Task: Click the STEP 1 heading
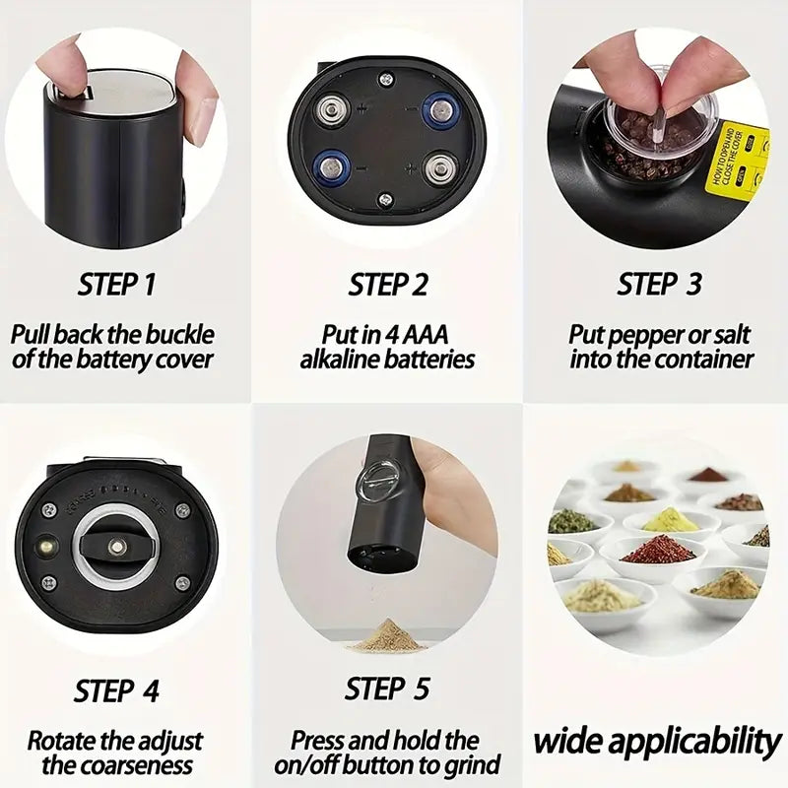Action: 116,285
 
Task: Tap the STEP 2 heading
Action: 388,285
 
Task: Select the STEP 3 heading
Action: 660,285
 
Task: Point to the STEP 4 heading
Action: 116,690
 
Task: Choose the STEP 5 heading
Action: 388,690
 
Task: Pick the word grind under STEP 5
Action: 474,764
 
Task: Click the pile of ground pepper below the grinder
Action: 387,634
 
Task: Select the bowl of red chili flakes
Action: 658,550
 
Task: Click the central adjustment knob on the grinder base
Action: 117,545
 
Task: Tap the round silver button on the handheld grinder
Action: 378,480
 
